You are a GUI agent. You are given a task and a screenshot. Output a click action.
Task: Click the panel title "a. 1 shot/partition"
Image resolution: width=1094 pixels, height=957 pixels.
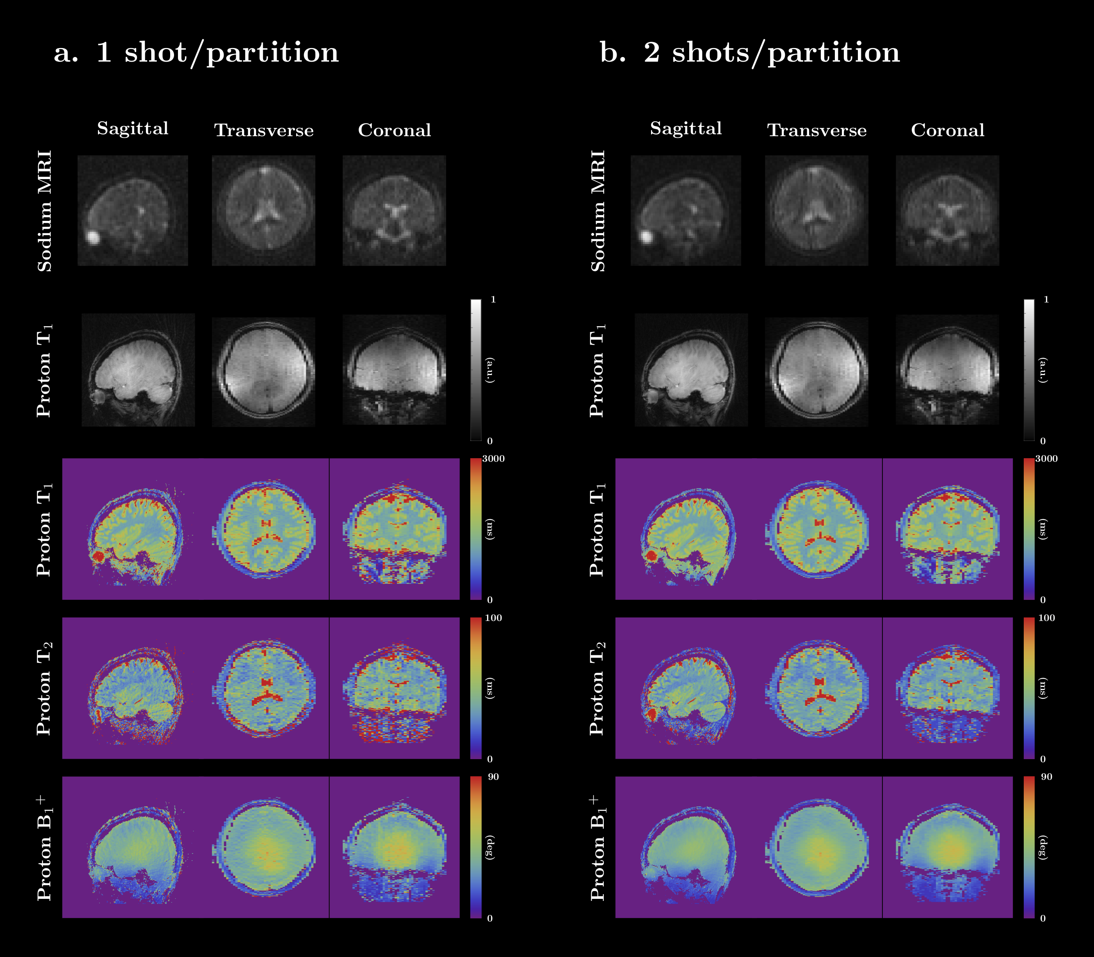click(x=196, y=53)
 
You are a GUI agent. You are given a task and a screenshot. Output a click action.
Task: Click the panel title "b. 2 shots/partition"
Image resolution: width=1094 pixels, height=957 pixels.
click(x=750, y=53)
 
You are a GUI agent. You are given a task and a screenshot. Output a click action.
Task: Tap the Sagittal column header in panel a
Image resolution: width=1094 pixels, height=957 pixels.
click(x=132, y=129)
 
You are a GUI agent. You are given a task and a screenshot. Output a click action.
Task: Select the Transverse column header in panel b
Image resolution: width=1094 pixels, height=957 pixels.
click(x=816, y=130)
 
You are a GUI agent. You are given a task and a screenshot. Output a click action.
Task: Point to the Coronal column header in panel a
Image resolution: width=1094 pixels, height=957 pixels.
click(x=394, y=130)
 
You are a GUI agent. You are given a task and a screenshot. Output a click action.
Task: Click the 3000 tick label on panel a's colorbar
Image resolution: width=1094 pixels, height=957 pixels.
click(x=493, y=459)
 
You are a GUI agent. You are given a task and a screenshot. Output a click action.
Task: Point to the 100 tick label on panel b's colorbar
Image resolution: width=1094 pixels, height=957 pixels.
click(x=1046, y=618)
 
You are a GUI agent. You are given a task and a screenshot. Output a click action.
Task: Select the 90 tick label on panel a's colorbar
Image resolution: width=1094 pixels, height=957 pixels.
click(x=493, y=777)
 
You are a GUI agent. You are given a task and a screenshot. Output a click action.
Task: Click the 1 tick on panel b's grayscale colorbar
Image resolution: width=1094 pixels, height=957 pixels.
click(x=1046, y=300)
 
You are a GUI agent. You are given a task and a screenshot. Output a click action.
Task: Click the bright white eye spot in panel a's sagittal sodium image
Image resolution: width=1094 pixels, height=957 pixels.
click(x=93, y=237)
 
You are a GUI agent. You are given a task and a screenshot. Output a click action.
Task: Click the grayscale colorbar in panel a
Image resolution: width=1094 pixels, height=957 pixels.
click(x=475, y=370)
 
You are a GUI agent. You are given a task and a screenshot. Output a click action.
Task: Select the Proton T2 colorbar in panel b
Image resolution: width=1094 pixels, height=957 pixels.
click(x=1029, y=688)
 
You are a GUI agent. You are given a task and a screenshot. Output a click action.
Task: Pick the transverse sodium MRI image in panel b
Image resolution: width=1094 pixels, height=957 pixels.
click(x=816, y=210)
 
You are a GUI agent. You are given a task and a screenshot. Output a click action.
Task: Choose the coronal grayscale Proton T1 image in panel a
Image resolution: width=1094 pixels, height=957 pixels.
click(x=394, y=370)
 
